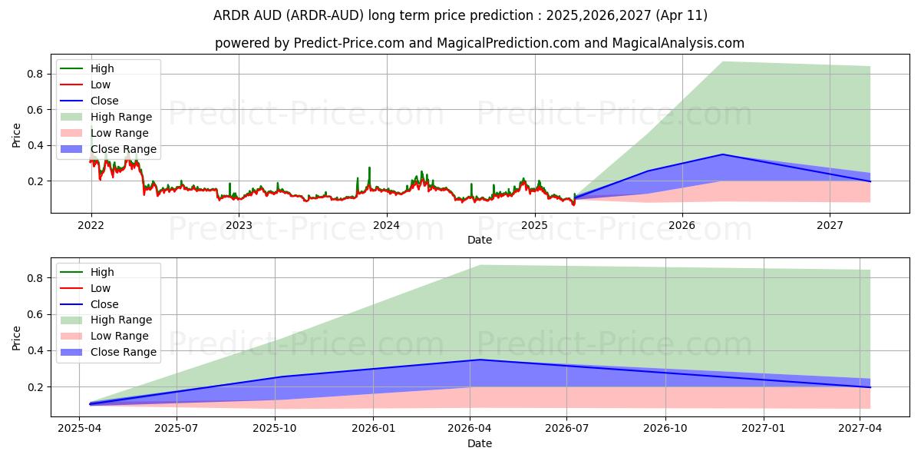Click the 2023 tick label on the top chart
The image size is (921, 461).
(x=239, y=225)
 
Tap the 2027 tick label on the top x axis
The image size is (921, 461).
(x=830, y=225)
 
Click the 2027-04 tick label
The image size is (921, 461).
(x=860, y=429)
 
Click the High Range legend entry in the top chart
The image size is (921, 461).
(x=120, y=117)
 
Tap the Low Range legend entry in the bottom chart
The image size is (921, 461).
(x=119, y=336)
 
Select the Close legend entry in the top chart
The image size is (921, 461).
(x=104, y=101)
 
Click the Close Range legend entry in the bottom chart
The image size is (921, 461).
(x=123, y=352)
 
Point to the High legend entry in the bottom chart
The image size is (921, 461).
(x=102, y=272)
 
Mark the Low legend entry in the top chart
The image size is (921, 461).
(x=101, y=85)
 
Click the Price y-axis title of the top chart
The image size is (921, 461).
(x=17, y=134)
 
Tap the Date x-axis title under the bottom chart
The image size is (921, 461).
(x=480, y=443)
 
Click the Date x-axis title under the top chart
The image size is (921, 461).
(x=480, y=240)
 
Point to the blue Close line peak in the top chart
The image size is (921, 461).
(x=722, y=154)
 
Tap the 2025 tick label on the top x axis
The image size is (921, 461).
(x=534, y=225)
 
